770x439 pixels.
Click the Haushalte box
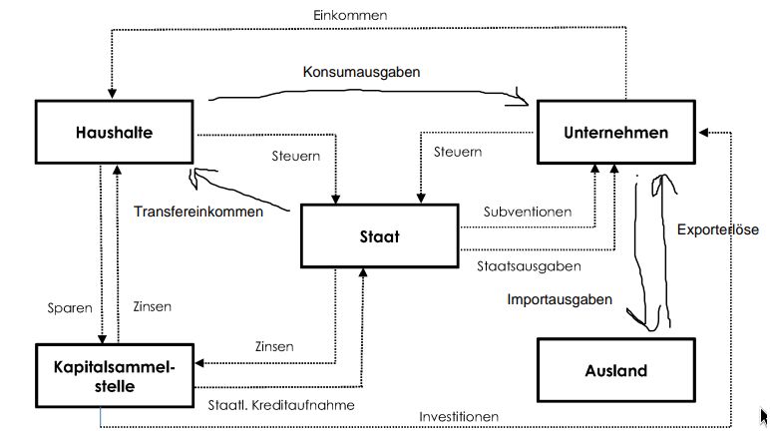[115, 131]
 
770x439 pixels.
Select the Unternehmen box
[615, 132]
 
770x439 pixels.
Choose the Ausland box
[615, 371]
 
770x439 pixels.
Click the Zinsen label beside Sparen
[152, 307]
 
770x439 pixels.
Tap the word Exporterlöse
[718, 229]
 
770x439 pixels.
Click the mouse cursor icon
[763, 417]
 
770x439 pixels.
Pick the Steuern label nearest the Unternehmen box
[458, 152]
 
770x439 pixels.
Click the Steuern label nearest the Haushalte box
[295, 156]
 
